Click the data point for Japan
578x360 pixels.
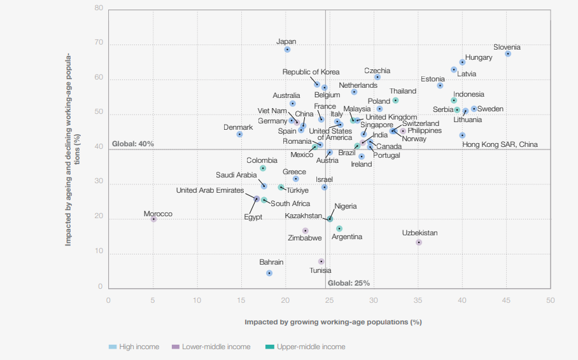tap(287, 50)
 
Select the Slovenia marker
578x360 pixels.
tap(508, 54)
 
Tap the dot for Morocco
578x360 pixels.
tap(153, 219)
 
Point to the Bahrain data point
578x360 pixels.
tap(269, 273)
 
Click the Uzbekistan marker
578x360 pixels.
tap(419, 242)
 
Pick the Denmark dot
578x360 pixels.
tap(239, 134)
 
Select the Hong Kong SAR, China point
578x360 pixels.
tap(462, 135)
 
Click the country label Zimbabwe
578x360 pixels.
tap(305, 239)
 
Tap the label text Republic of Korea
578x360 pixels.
tap(311, 72)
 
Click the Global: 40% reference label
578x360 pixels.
tap(133, 144)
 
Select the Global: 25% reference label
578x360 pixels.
tap(348, 283)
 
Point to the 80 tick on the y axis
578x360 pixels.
tap(99, 8)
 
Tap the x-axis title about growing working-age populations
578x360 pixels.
tap(333, 322)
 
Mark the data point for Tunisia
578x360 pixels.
tap(321, 261)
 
